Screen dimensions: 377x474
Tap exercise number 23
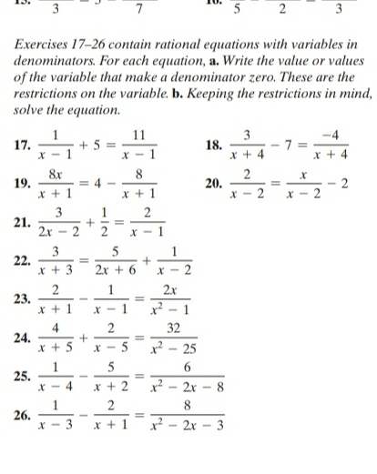pyautogui.click(x=22, y=305)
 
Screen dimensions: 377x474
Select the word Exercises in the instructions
pyautogui.click(x=46, y=44)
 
